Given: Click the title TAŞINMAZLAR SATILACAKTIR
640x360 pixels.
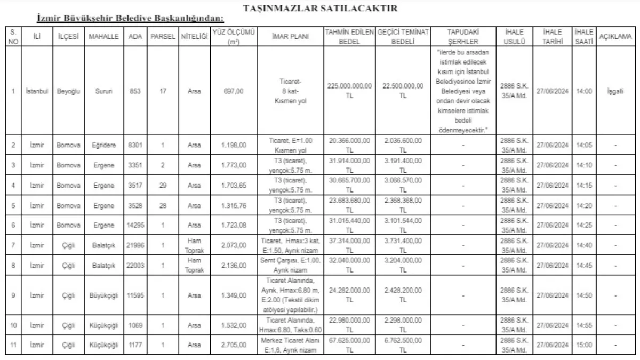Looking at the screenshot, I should [x=319, y=9].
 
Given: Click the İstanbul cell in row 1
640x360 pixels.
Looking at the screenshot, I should [x=37, y=91].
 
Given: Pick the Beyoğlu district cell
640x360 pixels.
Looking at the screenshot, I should [x=68, y=91].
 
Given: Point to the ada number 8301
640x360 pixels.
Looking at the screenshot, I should [x=135, y=144].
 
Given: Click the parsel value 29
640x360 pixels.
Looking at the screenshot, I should [x=163, y=185].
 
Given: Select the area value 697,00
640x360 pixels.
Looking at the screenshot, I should [x=233, y=91].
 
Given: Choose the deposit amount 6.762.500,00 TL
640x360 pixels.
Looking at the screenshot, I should [x=403, y=345].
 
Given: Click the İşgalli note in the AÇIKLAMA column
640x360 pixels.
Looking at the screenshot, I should [x=615, y=91].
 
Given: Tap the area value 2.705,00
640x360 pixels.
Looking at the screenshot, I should [x=233, y=345].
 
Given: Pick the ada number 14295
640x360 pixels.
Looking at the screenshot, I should [x=135, y=226].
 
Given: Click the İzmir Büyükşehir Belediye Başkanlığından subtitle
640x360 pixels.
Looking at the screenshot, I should [x=131, y=19].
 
